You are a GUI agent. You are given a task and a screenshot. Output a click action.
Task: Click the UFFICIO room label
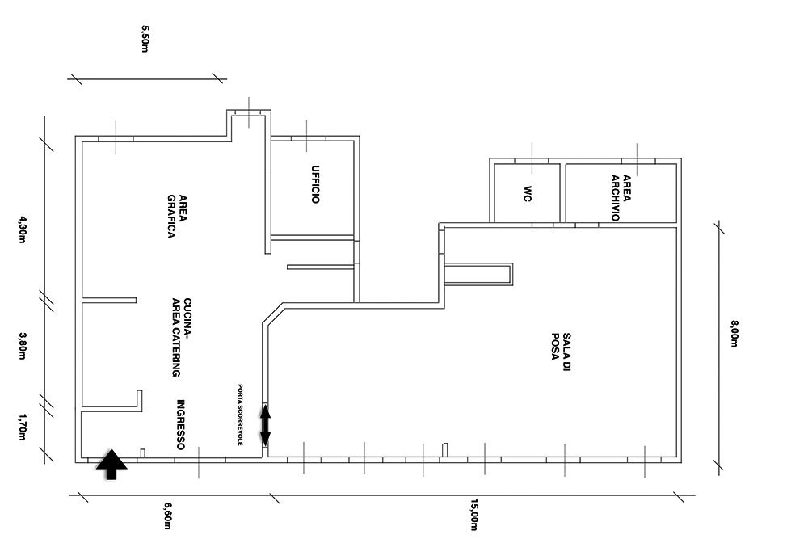coord(315,184)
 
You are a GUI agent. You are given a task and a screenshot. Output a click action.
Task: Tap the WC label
coord(527,194)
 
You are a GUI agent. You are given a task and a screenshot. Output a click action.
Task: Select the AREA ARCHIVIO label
coord(621,198)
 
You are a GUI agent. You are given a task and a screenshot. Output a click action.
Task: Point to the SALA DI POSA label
coord(561,352)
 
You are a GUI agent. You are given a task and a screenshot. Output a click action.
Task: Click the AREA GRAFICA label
coord(177,217)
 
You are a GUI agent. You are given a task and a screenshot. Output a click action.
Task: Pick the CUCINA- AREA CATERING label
coord(181,338)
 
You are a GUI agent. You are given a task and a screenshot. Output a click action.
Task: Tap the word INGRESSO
coord(180,424)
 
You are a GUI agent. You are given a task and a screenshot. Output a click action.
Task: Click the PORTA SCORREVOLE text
coord(240,415)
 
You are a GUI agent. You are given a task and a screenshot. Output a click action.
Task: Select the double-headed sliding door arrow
coord(265,425)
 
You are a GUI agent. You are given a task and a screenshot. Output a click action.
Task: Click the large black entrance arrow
coord(112,464)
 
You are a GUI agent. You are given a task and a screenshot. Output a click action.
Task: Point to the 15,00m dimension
coord(473,514)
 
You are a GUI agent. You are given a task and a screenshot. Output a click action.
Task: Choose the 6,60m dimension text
coord(167,516)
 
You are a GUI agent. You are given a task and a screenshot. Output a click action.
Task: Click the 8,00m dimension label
coord(734,334)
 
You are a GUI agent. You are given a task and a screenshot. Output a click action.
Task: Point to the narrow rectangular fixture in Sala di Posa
coord(478,274)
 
